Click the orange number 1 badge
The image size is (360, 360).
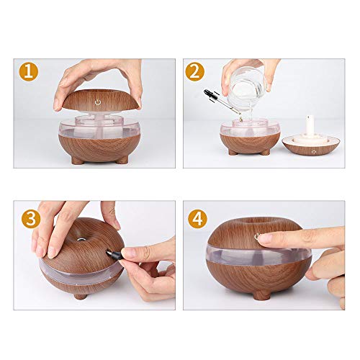27,72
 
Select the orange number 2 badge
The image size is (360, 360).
195,72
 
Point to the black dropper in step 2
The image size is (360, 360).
220,96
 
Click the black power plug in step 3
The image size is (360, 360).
117,253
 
